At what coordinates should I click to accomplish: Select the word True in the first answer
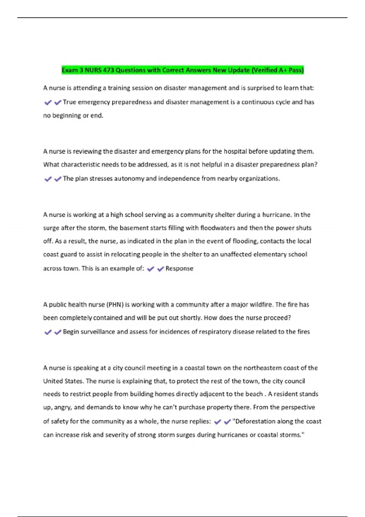click(x=69, y=102)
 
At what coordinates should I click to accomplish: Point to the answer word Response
click(x=179, y=269)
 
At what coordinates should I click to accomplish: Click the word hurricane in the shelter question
click(x=276, y=215)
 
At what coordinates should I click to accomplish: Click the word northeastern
click(x=257, y=368)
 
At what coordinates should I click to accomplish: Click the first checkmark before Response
click(x=151, y=269)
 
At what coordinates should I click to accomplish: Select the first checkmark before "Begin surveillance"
click(x=48, y=332)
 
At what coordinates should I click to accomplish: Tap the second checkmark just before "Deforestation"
click(x=227, y=422)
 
